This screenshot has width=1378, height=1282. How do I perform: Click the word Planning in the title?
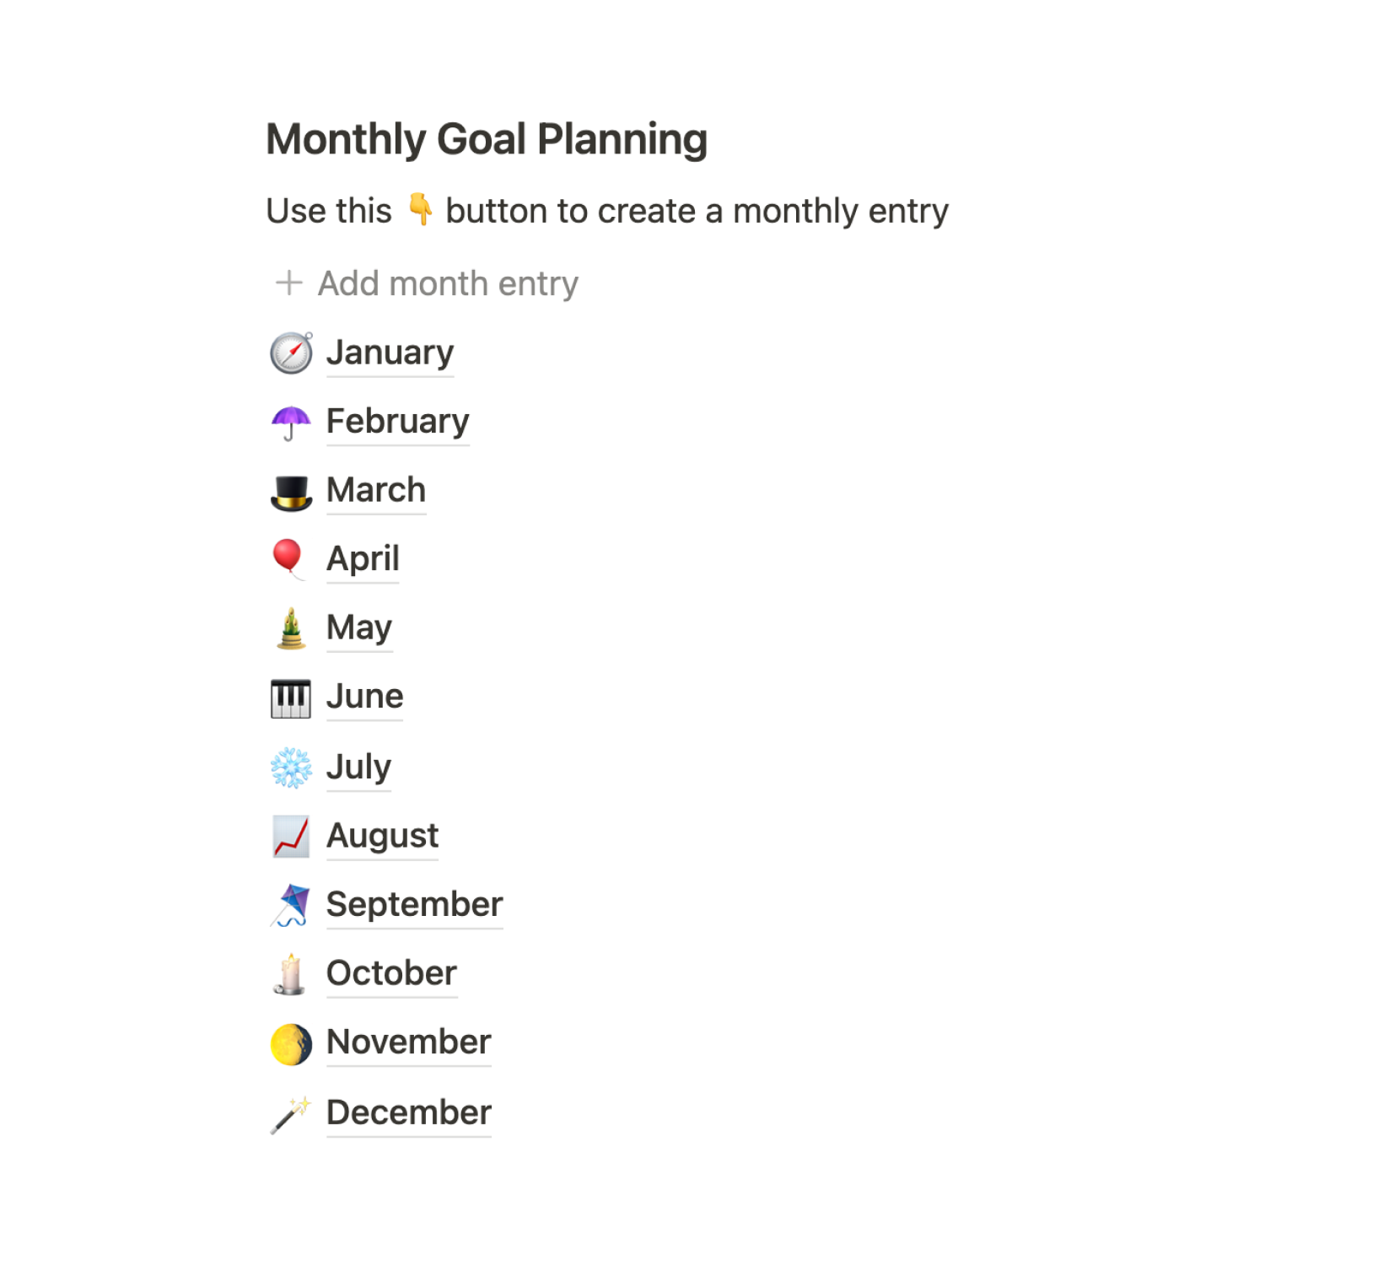[x=622, y=140]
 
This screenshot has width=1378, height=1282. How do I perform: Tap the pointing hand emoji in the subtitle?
[x=419, y=210]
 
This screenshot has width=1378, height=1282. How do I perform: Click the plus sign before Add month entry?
[x=288, y=283]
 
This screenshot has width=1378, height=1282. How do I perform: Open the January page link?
[x=390, y=352]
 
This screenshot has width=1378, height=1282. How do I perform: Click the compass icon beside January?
[x=291, y=353]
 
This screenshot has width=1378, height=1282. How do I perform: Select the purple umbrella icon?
[x=291, y=422]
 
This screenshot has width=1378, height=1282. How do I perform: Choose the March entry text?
[x=376, y=490]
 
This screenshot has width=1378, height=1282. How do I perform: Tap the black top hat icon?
[x=291, y=492]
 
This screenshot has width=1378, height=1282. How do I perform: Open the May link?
[x=359, y=628]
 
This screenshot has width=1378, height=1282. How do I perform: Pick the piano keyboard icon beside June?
[x=291, y=698]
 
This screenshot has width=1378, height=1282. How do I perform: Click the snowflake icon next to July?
[x=291, y=768]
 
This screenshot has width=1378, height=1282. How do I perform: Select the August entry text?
[x=382, y=836]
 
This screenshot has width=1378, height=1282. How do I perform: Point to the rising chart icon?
[x=291, y=836]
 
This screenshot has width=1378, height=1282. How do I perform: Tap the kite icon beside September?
[x=291, y=905]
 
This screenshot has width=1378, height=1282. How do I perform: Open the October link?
[x=391, y=973]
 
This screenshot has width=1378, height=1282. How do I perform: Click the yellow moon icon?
[x=291, y=1044]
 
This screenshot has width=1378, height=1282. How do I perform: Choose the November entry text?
[x=408, y=1042]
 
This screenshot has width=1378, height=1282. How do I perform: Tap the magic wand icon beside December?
[x=291, y=1114]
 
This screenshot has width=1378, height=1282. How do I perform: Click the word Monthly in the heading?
[x=346, y=140]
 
